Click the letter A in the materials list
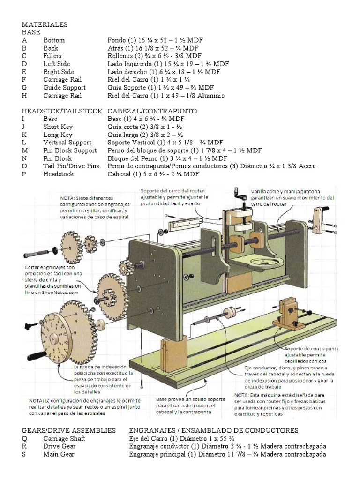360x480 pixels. [x=24, y=40]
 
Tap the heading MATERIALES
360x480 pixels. [x=45, y=24]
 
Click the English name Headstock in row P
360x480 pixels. [x=59, y=174]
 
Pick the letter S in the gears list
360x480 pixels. [x=24, y=454]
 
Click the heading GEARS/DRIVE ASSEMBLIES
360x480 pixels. [x=69, y=430]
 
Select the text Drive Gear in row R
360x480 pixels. [x=59, y=446]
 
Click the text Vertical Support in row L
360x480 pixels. [x=67, y=142]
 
